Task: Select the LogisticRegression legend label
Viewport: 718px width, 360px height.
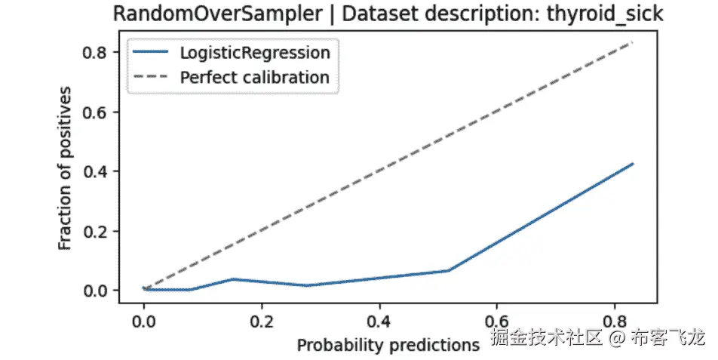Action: click(x=255, y=53)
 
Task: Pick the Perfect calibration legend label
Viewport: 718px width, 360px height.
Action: click(x=255, y=77)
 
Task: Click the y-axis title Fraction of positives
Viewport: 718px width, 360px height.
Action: click(x=66, y=168)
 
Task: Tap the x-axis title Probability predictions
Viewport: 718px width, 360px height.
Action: click(x=388, y=345)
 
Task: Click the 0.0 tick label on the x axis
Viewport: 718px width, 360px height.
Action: click(x=143, y=321)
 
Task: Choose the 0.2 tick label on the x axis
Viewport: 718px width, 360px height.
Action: click(x=261, y=321)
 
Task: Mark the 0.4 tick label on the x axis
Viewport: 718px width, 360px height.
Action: click(x=379, y=321)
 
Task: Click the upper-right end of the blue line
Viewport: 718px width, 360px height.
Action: click(x=633, y=164)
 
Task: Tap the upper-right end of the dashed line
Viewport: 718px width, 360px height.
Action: click(x=633, y=42)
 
